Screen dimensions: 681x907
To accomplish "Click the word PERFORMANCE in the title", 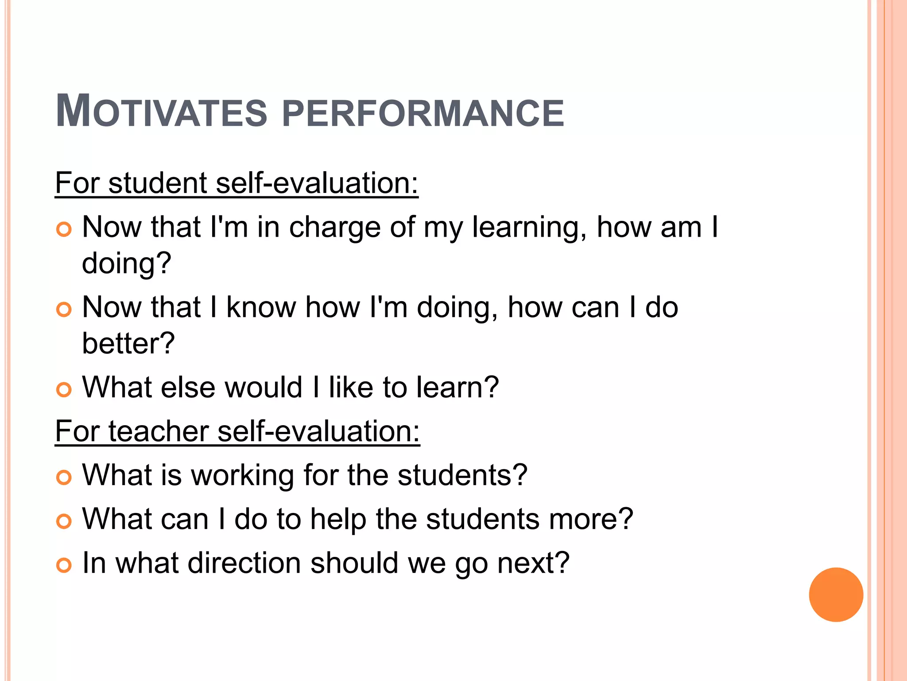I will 423,113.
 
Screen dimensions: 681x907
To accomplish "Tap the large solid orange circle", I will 836,595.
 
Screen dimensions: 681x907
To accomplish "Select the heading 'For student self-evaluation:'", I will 236,183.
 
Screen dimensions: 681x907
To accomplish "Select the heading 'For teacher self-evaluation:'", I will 237,431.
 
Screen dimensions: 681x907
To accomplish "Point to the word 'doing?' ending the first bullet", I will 127,264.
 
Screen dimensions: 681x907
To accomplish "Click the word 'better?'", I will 128,344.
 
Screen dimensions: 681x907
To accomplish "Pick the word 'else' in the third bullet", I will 187,387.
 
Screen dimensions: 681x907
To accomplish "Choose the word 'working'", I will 242,476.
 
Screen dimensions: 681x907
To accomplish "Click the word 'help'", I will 338,519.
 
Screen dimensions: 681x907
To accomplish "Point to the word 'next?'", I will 533,563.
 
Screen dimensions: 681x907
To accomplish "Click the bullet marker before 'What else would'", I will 64,390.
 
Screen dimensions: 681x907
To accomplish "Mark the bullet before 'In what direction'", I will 64,565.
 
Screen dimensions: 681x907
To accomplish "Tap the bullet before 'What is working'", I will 64,477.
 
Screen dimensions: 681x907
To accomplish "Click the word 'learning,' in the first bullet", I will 530,228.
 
